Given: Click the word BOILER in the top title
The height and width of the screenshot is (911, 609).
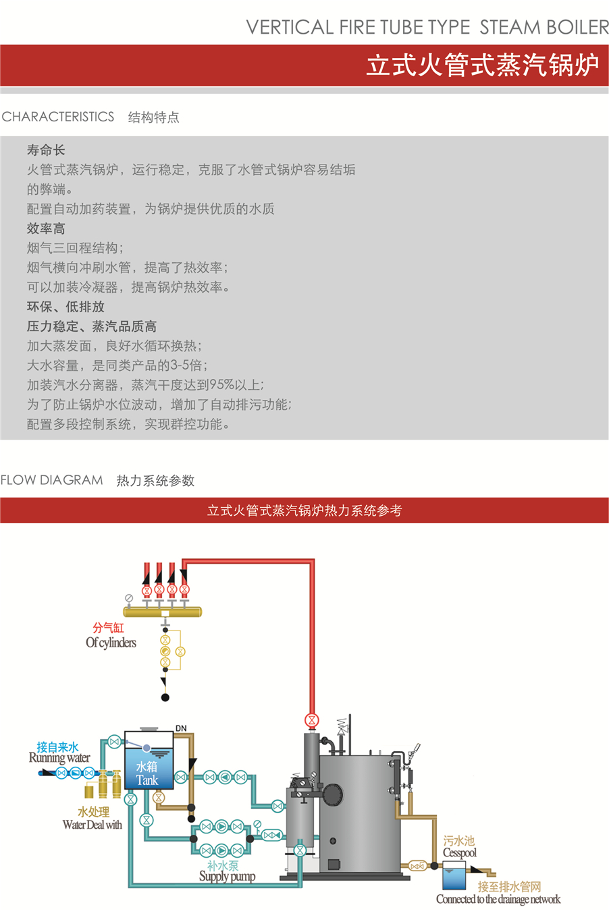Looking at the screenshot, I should tap(578, 28).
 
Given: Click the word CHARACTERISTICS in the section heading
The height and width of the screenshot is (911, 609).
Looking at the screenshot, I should tap(58, 117).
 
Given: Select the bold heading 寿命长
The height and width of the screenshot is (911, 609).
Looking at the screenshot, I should tap(46, 150).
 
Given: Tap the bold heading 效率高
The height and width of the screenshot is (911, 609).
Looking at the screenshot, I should tap(46, 229).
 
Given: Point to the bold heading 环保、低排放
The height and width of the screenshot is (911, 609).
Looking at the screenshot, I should tap(65, 307).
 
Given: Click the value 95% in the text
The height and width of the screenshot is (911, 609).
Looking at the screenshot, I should tap(221, 385).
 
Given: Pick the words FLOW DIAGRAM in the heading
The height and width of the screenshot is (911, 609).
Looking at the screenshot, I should tap(52, 480).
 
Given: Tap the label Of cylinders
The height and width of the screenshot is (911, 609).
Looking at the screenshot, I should tap(111, 643).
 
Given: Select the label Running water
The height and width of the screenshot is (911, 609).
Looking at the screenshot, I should tap(59, 758).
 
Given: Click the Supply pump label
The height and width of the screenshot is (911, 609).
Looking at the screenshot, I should tap(227, 877).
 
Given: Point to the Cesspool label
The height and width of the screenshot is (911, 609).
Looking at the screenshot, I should tap(460, 853).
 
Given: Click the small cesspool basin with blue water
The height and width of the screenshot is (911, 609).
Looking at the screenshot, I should tap(454, 879).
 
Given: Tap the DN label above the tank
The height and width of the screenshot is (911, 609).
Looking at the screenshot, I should tap(181, 729).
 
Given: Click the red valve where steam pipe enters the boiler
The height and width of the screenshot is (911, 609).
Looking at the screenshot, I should tap(311, 719).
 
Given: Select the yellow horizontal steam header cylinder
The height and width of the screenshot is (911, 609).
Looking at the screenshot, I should tap(163, 612).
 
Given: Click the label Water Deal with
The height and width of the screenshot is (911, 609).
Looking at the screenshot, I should tap(92, 825).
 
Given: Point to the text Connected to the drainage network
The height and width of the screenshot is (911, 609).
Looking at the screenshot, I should tap(498, 900).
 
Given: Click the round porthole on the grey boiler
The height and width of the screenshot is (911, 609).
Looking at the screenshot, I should tap(333, 842).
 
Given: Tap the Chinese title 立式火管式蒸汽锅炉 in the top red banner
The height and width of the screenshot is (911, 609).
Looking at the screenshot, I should tap(482, 65).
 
